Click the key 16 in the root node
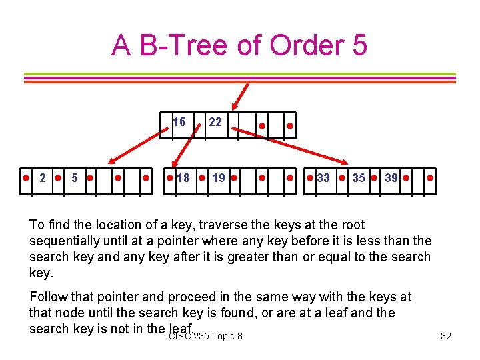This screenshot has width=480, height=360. [179, 122]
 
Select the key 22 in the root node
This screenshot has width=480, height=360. [215, 122]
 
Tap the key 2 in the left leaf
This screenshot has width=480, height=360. [43, 178]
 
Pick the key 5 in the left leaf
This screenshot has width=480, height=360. [75, 178]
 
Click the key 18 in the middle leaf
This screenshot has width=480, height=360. [183, 178]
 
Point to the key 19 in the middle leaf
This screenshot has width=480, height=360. [218, 178]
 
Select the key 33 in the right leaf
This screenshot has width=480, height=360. [323, 178]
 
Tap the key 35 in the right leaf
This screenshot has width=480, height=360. [359, 178]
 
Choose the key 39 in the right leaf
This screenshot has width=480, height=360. [391, 178]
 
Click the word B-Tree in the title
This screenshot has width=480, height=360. [179, 45]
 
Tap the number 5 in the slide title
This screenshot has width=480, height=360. [357, 45]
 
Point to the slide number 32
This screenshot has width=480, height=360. [446, 336]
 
